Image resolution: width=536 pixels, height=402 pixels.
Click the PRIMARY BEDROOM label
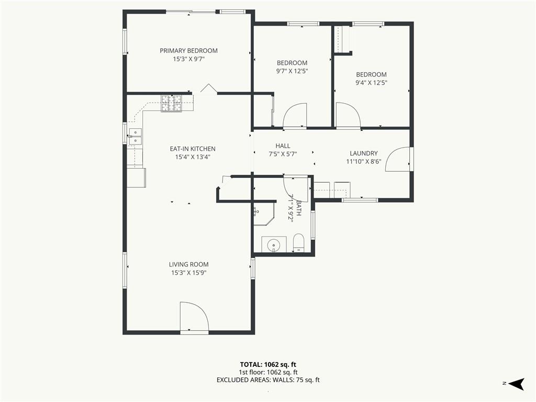[x=188, y=51]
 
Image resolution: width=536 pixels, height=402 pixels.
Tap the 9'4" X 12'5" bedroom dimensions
[x=371, y=83]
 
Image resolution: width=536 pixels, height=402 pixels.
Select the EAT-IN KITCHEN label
[x=193, y=149]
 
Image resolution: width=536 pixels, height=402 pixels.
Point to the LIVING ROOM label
[x=188, y=264]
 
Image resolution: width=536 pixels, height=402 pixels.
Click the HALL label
[x=283, y=146]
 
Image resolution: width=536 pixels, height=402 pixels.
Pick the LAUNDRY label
[x=364, y=153]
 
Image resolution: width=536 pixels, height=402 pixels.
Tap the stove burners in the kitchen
[x=172, y=103]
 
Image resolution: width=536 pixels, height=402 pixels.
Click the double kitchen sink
[x=135, y=137]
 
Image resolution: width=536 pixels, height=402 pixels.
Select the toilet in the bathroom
[x=299, y=243]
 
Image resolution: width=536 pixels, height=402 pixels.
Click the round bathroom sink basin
[x=274, y=245]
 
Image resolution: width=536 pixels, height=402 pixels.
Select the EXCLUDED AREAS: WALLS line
[x=268, y=380]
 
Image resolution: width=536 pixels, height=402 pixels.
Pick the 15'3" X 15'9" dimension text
[x=188, y=273]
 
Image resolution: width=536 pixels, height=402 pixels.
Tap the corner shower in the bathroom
[x=264, y=214]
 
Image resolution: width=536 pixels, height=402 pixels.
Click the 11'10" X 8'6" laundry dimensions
[x=364, y=162]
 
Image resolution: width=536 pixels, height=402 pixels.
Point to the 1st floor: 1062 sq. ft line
[x=268, y=372]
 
